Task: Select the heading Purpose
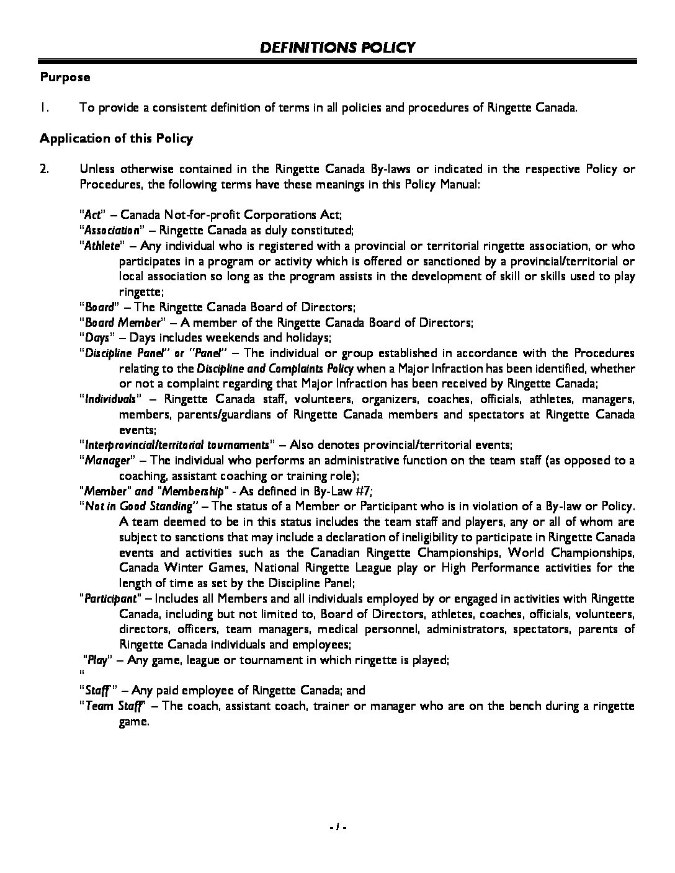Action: pyautogui.click(x=65, y=78)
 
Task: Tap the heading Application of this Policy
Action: pyautogui.click(x=116, y=138)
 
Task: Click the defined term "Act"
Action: pyautogui.click(x=92, y=215)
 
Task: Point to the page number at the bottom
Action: pyautogui.click(x=337, y=826)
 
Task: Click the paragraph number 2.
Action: pyautogui.click(x=44, y=169)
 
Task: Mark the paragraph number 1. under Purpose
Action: pyautogui.click(x=44, y=108)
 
